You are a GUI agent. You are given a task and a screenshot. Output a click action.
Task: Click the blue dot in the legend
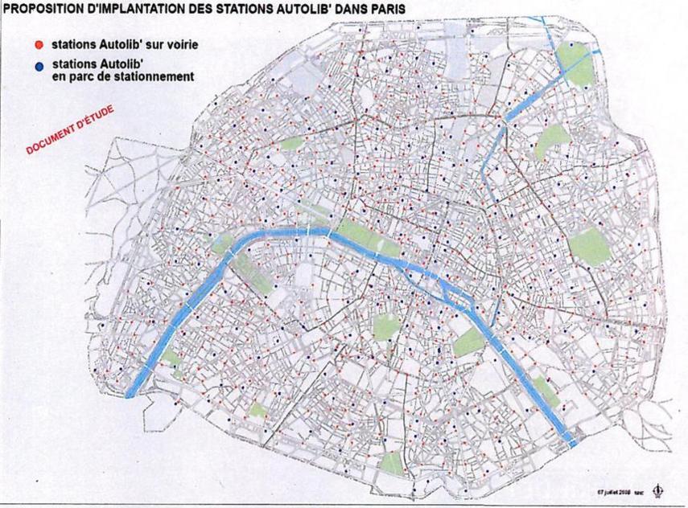coord(38,62)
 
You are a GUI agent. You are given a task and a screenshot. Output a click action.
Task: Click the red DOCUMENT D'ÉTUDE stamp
coord(71,129)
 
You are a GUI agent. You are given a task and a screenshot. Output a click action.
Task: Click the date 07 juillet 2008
coord(614,490)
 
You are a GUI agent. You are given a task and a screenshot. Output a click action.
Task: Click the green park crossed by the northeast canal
coord(575,64)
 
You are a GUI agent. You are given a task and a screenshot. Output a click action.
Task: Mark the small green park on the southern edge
coord(391,463)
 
